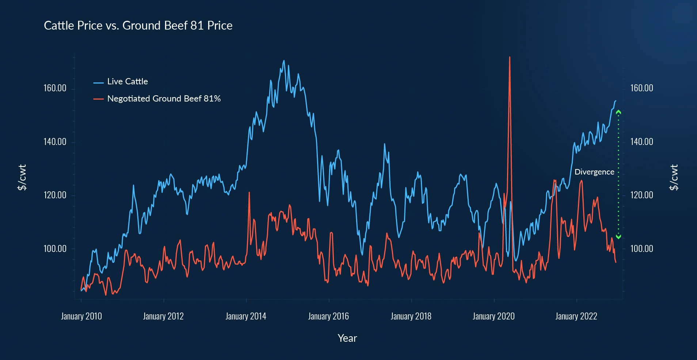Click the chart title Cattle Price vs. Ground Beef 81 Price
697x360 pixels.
pyautogui.click(x=138, y=26)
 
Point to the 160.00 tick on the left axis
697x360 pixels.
pyautogui.click(x=55, y=88)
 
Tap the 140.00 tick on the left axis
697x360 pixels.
pyautogui.click(x=55, y=142)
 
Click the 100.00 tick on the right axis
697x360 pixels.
pyautogui.click(x=641, y=249)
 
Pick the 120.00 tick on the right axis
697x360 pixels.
pyautogui.click(x=641, y=195)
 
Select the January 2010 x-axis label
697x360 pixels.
pyautogui.click(x=81, y=316)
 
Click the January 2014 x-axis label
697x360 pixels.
pyautogui.click(x=246, y=316)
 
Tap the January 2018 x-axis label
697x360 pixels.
pyautogui.click(x=411, y=316)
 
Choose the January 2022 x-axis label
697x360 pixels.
pyautogui.click(x=576, y=316)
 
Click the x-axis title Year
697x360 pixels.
pyautogui.click(x=347, y=338)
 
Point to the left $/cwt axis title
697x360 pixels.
pyautogui.click(x=22, y=177)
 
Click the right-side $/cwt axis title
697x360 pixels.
pyautogui.click(x=674, y=177)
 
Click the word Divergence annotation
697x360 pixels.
pyautogui.click(x=594, y=172)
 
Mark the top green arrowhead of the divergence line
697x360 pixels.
pyautogui.click(x=618, y=112)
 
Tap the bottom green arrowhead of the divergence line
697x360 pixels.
pyautogui.click(x=618, y=237)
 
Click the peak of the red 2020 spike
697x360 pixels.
pyautogui.click(x=510, y=57)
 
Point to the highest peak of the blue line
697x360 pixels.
pyautogui.click(x=284, y=61)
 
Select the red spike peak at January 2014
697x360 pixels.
pyautogui.click(x=249, y=192)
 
